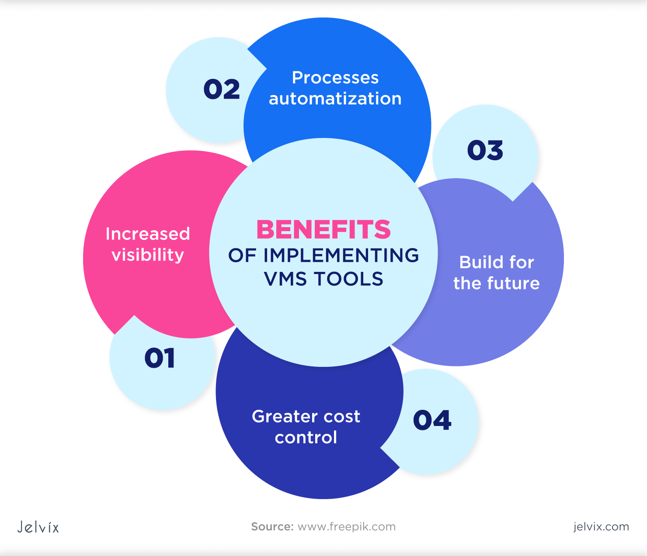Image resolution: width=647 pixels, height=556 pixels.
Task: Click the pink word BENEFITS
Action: (x=323, y=229)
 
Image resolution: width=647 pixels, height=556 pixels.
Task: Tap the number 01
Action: (x=160, y=358)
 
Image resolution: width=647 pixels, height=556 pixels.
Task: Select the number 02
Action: (x=222, y=89)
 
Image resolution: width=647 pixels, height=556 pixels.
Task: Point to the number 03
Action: (x=485, y=150)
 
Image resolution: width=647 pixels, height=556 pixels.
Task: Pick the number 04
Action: (x=432, y=420)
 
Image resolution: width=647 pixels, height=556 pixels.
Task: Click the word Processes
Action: (x=335, y=78)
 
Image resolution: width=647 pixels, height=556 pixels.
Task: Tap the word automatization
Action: (x=335, y=99)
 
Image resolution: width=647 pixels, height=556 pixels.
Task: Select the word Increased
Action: (x=148, y=234)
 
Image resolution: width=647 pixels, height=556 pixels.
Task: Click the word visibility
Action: (x=148, y=255)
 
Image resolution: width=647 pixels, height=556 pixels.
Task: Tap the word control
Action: (x=306, y=437)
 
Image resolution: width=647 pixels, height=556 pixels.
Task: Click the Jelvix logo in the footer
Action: (x=38, y=527)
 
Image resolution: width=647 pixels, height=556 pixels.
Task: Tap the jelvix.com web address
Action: (x=601, y=527)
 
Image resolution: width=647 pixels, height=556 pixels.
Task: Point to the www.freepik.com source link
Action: (x=346, y=527)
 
